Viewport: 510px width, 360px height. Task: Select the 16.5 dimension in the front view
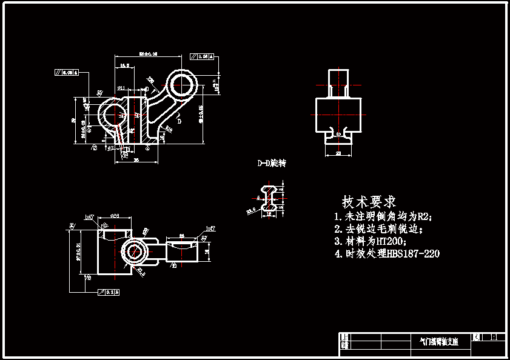(124, 65)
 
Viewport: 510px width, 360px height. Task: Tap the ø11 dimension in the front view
(121, 88)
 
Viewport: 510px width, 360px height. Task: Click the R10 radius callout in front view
(169, 128)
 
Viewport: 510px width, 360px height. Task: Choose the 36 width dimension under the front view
(136, 160)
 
